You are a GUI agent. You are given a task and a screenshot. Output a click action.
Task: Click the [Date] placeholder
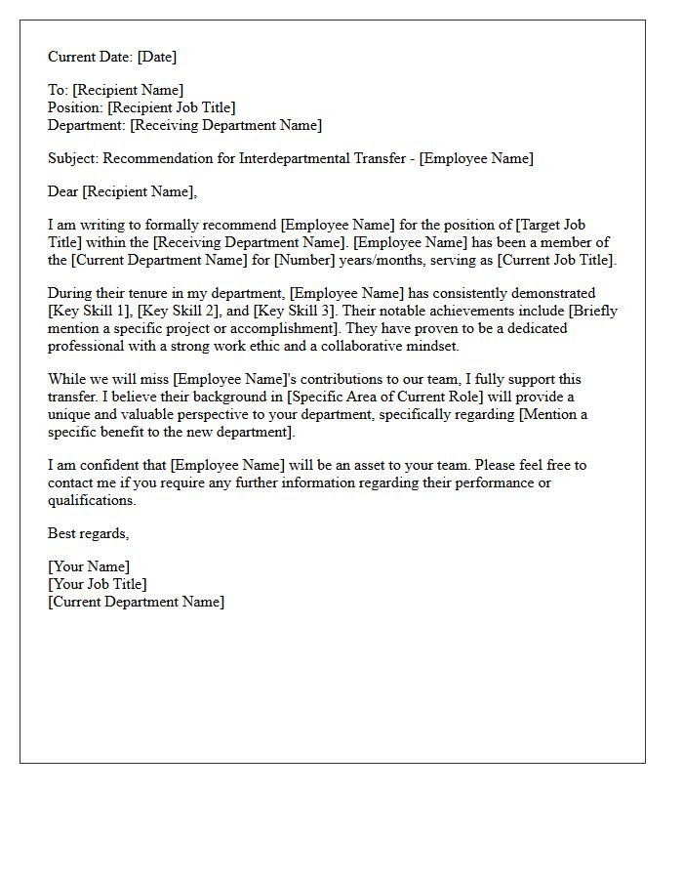point(157,57)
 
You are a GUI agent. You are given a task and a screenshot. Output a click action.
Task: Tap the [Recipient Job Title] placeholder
point(172,107)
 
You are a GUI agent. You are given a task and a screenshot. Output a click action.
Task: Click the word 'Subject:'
point(73,158)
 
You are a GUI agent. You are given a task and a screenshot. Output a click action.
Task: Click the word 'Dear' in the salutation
point(63,191)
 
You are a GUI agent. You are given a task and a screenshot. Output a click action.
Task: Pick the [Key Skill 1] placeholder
point(88,311)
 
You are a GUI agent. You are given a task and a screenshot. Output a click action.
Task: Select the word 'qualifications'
point(92,500)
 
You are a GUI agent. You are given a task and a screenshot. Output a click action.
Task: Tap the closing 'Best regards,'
point(88,533)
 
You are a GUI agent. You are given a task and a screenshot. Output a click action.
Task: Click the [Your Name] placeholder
point(89,566)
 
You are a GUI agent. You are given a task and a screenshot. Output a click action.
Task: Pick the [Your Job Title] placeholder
point(98,584)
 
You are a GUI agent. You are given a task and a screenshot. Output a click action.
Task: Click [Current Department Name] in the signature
point(136,602)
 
